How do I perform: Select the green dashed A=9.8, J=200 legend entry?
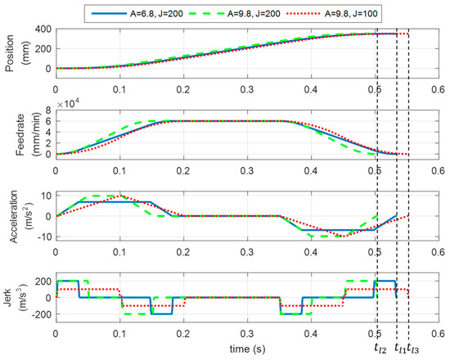[261, 11]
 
